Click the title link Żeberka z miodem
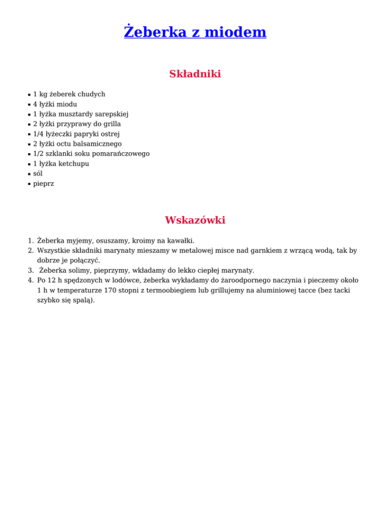(195, 32)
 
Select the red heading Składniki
(195, 74)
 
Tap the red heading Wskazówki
(195, 220)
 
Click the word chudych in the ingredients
(92, 94)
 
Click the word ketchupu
(75, 164)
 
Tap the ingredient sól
(38, 174)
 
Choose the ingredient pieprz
(43, 184)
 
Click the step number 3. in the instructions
(31, 270)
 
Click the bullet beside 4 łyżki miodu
(29, 104)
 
